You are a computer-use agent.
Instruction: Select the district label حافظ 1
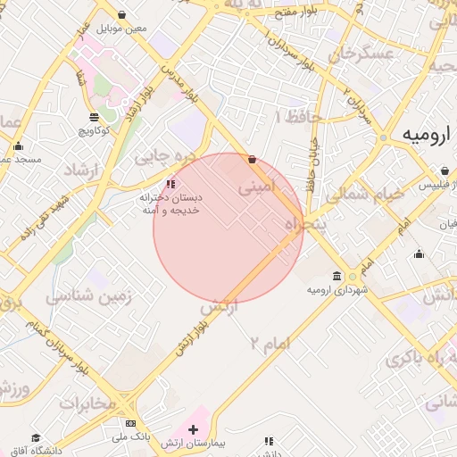click(292, 116)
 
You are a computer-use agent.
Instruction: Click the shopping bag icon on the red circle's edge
click(252, 160)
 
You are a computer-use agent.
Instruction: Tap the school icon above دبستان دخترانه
click(170, 184)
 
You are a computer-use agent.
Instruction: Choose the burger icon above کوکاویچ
click(95, 118)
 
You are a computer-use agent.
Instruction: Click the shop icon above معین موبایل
click(121, 15)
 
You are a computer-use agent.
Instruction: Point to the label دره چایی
click(163, 156)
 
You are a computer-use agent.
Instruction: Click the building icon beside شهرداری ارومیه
click(337, 276)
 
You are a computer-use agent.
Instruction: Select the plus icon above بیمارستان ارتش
click(193, 429)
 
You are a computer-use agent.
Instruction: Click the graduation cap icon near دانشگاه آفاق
click(36, 438)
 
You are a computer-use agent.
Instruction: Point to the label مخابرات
click(87, 403)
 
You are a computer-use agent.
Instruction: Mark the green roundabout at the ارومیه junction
click(383, 138)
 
